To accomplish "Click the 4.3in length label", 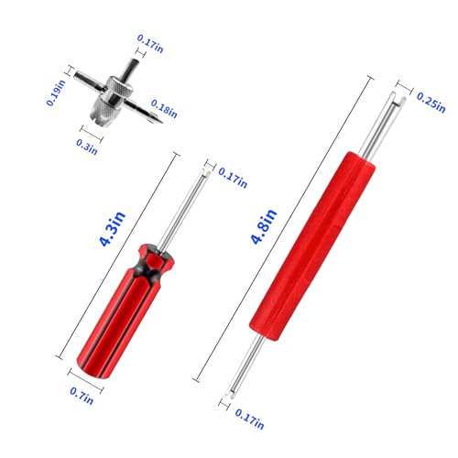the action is (x=113, y=229).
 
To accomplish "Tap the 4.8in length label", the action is (x=264, y=226).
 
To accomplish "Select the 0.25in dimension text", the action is (x=431, y=103).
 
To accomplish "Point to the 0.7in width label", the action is (x=82, y=396).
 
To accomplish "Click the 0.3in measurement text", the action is (x=87, y=147).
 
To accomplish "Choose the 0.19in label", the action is (x=57, y=93).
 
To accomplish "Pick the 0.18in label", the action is (x=164, y=109).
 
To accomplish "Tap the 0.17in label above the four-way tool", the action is (x=150, y=44).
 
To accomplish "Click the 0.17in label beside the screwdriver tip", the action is (x=233, y=178).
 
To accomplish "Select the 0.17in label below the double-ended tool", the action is (x=249, y=419).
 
